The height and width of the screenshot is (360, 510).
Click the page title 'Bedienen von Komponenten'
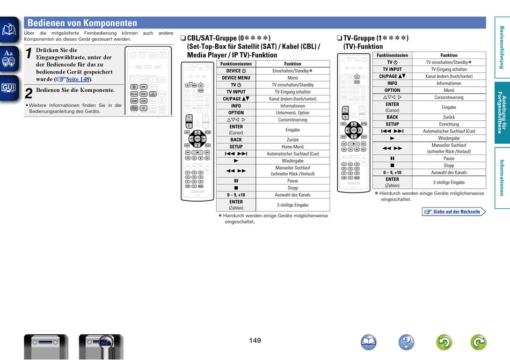tap(82, 23)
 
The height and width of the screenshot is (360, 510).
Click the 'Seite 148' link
tap(78, 79)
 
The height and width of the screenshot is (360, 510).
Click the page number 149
tap(255, 341)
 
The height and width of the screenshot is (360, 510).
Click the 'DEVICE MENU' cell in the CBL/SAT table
tap(236, 78)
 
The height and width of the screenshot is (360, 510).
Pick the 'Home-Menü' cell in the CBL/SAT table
tap(293, 146)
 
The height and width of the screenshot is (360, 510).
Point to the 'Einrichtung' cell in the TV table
tap(449, 124)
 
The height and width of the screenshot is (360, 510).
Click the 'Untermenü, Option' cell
tap(293, 113)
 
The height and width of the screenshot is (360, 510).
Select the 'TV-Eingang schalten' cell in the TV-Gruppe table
tap(449, 69)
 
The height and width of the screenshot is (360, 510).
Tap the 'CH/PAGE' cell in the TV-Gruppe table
tap(392, 76)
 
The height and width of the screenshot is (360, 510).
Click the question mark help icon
tap(406, 342)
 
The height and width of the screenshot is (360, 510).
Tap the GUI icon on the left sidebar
tap(9, 87)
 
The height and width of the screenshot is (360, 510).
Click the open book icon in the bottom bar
tap(369, 342)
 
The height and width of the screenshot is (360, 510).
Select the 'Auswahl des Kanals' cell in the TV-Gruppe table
tap(449, 172)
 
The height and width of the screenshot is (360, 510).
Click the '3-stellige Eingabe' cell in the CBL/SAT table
tap(293, 205)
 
